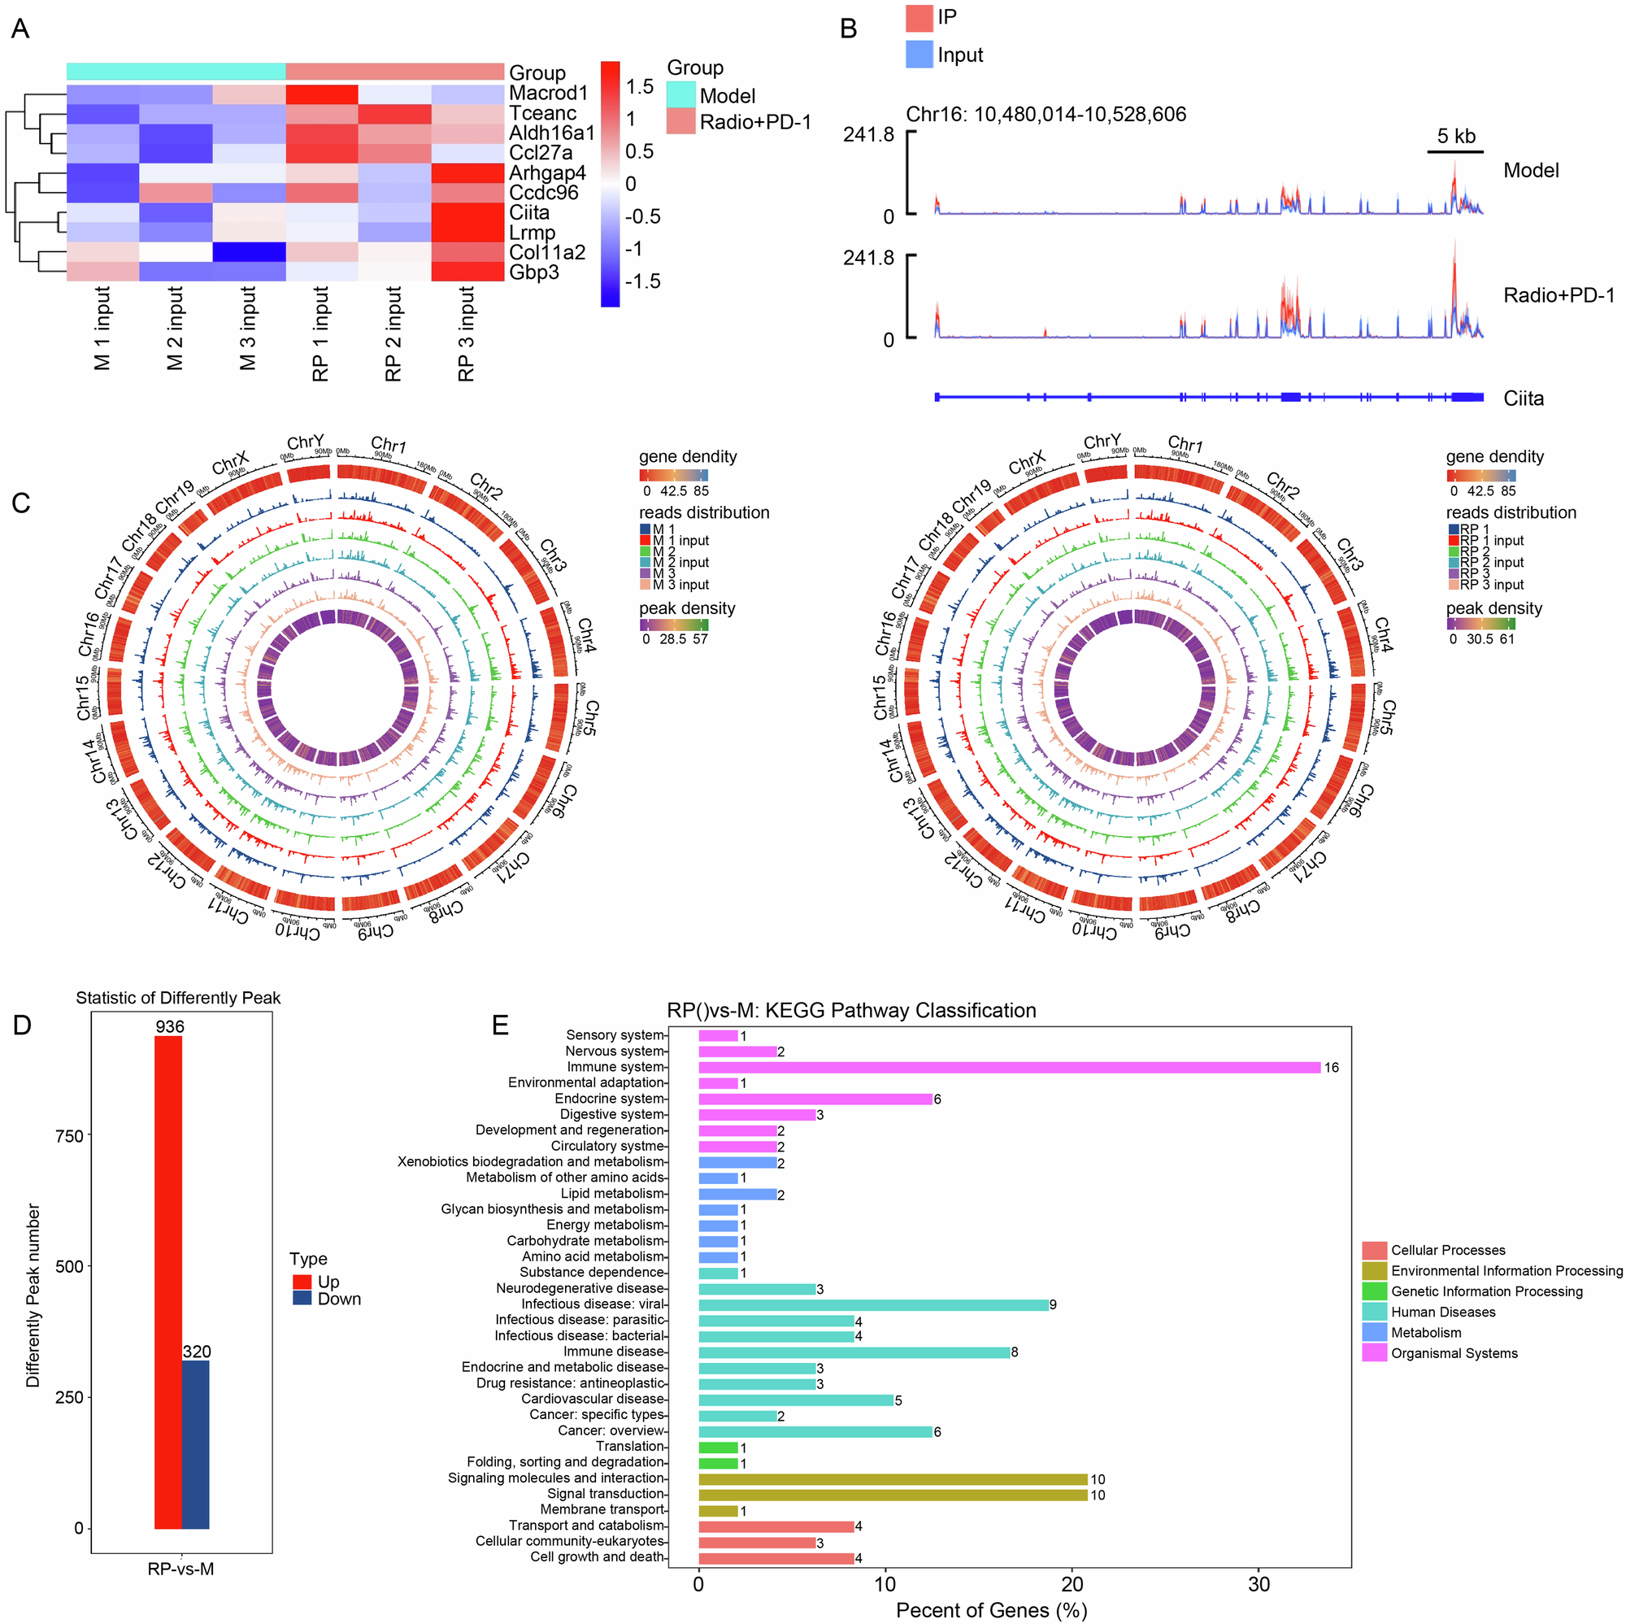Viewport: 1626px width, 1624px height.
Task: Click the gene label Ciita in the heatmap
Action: tap(528, 213)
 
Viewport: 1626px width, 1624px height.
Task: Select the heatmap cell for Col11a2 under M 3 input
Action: tap(248, 253)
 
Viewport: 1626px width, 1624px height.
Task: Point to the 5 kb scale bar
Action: tap(1454, 151)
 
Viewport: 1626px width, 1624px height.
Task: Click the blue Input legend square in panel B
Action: tap(919, 54)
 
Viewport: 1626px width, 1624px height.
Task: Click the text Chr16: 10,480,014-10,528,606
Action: tap(1046, 115)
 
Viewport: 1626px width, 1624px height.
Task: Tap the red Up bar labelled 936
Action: tap(168, 1281)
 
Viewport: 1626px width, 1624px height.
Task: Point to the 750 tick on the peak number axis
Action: tap(69, 1136)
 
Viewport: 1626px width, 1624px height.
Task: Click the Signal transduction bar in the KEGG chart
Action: tap(892, 1495)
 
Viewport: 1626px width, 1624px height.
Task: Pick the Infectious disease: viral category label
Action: tap(593, 1304)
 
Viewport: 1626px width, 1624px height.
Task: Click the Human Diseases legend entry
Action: tap(1441, 1312)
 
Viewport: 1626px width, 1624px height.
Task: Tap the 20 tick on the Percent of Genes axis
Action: tap(1072, 1583)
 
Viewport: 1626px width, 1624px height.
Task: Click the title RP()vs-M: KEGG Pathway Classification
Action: tap(851, 1010)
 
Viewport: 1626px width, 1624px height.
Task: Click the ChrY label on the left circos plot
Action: tap(305, 443)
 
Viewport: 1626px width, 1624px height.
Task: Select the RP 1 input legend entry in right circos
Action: tap(1491, 541)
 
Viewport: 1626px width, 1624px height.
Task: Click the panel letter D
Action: tap(22, 1024)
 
